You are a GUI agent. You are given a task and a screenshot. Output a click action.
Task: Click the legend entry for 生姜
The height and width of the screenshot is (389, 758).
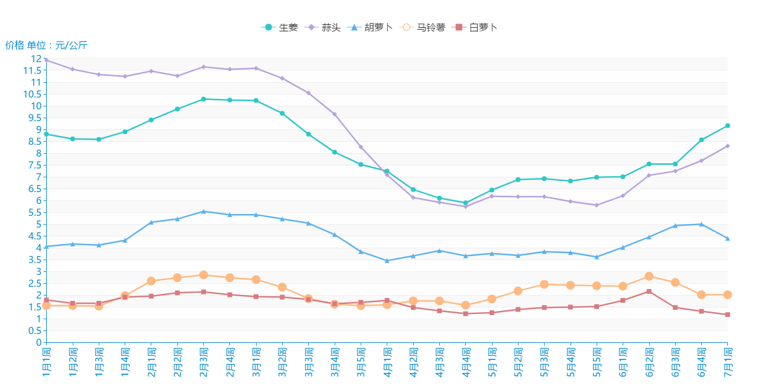coord(280,27)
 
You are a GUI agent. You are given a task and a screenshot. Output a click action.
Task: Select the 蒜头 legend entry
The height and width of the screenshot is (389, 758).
coord(323,27)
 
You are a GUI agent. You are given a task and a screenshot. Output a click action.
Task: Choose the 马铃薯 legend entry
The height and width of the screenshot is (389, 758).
coord(423,27)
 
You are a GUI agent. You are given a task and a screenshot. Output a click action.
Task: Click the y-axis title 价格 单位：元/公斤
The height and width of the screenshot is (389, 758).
coord(46,46)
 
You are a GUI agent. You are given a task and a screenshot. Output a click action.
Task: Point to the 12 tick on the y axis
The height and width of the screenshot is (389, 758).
coord(37,59)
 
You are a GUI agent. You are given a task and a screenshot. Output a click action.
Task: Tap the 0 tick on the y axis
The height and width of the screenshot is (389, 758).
coord(39,342)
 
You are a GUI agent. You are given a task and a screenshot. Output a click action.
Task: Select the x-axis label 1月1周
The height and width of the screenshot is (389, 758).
coord(47,362)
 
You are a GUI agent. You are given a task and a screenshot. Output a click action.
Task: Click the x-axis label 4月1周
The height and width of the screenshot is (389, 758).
coord(387,362)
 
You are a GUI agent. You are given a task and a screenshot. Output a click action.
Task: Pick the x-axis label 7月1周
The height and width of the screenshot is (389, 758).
coord(728,362)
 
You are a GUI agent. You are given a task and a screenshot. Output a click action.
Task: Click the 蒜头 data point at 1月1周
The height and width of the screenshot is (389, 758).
coord(47,60)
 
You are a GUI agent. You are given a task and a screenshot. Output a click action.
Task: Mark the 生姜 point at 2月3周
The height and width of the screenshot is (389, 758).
coord(203,99)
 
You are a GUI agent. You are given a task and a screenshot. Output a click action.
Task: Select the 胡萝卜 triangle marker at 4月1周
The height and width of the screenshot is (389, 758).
coord(387,261)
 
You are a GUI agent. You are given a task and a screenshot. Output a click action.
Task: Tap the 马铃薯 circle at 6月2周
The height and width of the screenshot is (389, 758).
coord(649,276)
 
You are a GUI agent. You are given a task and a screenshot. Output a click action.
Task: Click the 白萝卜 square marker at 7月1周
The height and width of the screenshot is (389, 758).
coord(728,315)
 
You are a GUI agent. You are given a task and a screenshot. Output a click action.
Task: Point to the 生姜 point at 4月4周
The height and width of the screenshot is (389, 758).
coord(466,203)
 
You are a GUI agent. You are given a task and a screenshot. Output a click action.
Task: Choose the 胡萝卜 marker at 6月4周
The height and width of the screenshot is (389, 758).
coord(701,224)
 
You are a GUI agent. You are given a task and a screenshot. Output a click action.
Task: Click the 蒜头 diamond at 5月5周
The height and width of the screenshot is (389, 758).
coord(597,205)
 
